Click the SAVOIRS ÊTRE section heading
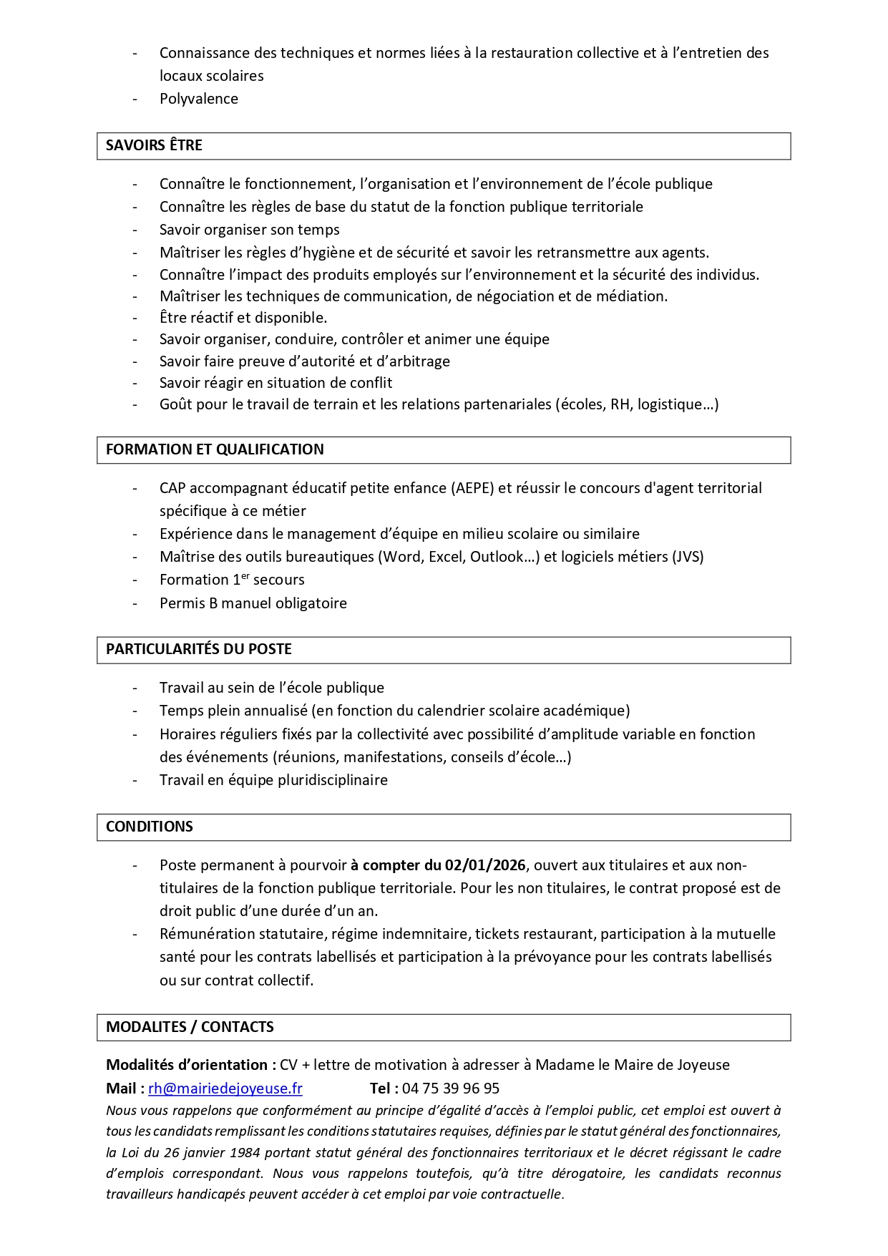point(154,145)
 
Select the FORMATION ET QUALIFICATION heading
point(215,449)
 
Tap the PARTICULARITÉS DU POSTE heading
point(199,649)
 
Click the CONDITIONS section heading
point(150,827)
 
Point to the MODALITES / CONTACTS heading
point(190,1027)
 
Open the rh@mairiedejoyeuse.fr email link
point(225,1089)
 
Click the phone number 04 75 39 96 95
point(451,1089)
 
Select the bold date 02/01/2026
point(485,865)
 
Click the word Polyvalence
point(199,99)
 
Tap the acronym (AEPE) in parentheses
point(472,488)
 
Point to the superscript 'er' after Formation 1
point(245,575)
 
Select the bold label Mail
point(121,1089)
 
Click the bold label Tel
point(382,1089)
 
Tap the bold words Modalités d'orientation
point(187,1065)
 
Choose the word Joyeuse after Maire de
point(703,1065)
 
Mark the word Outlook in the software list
point(501,557)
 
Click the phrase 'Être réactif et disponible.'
point(243,318)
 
